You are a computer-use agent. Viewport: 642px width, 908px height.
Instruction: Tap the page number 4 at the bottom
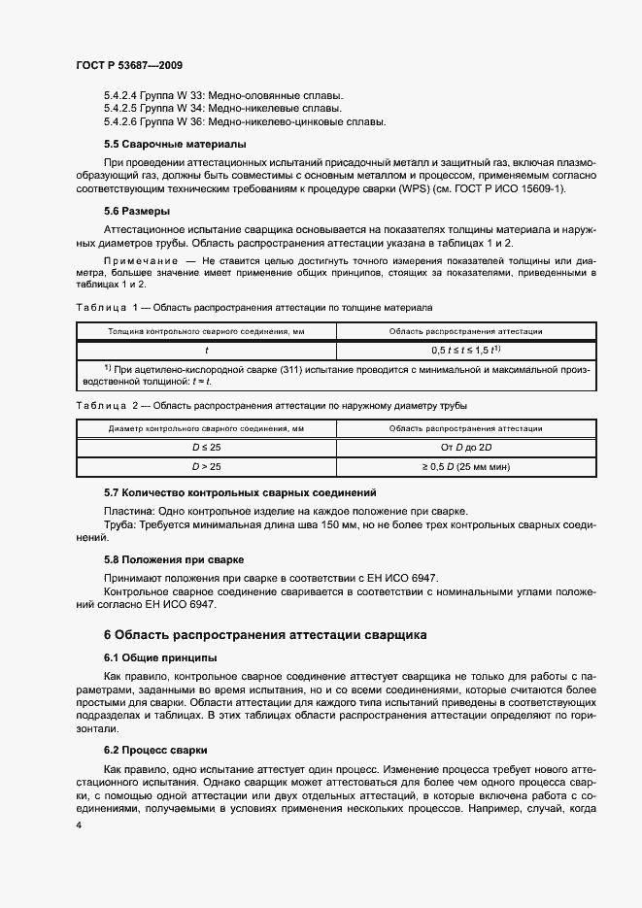click(78, 824)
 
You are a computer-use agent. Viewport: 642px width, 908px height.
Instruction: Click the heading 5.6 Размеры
click(137, 211)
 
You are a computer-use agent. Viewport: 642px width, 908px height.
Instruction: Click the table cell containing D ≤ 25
click(206, 447)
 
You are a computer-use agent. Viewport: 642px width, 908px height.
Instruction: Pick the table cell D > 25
click(206, 466)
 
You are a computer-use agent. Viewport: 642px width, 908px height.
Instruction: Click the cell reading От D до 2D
click(465, 447)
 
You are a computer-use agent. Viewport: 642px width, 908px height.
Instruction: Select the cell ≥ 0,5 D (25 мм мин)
click(465, 466)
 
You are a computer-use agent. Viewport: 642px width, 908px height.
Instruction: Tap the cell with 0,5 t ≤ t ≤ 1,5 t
click(465, 351)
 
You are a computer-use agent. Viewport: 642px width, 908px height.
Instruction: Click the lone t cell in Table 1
click(206, 351)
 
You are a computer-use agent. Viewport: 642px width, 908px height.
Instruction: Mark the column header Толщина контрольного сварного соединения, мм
click(206, 332)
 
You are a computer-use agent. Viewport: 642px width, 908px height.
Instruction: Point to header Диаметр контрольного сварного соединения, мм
click(206, 428)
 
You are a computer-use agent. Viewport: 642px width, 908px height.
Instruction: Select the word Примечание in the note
click(140, 261)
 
